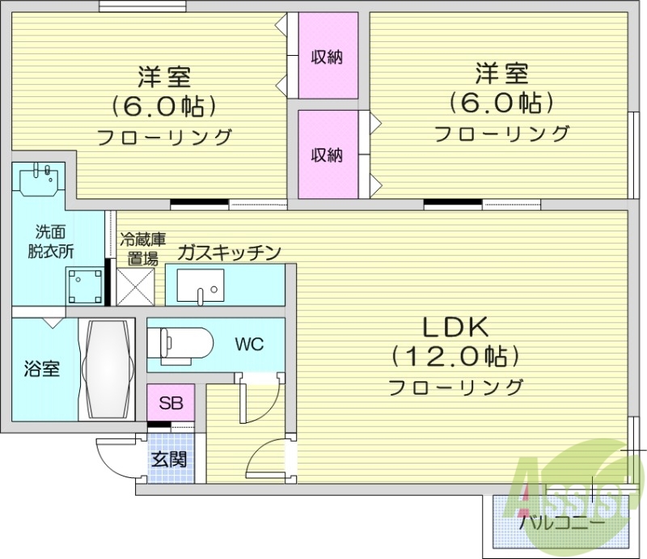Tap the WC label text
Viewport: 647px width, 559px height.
(x=249, y=344)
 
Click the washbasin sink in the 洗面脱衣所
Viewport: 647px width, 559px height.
(x=37, y=180)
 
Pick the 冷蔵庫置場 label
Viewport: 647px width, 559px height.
(x=142, y=249)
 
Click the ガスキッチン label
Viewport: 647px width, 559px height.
(x=230, y=252)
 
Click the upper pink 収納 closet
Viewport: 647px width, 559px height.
(x=327, y=57)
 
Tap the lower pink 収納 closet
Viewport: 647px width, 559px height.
(x=327, y=155)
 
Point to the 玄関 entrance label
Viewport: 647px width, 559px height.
(x=170, y=459)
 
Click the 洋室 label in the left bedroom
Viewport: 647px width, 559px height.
(x=163, y=78)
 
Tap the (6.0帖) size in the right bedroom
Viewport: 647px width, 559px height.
(x=501, y=103)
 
